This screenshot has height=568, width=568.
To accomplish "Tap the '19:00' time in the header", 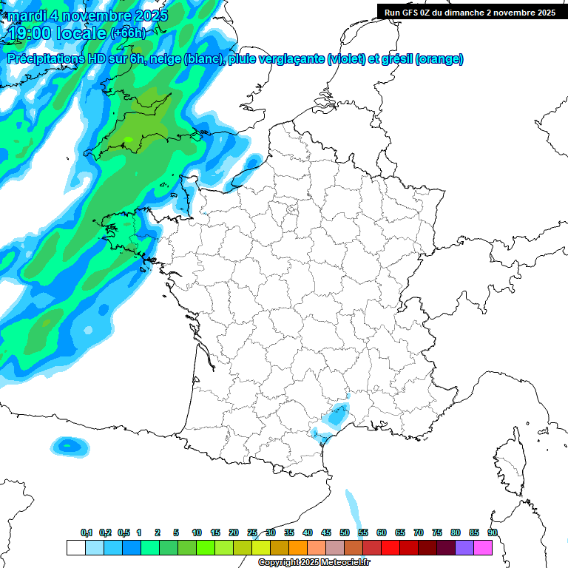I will click(35, 33).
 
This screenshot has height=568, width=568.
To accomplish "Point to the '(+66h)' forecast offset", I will click(127, 33).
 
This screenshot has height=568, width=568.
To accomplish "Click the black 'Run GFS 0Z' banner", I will click(470, 12).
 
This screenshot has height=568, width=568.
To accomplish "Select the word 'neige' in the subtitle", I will click(164, 59).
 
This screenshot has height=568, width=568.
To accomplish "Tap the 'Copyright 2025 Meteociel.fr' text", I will click(314, 563).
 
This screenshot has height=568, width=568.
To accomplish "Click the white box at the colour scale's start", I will click(75, 547).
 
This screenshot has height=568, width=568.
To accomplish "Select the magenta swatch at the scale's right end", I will click(482, 547).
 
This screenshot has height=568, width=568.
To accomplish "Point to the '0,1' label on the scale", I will click(87, 532).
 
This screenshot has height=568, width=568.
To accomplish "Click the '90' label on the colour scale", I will click(492, 532).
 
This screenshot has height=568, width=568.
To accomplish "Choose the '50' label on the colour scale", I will click(344, 532).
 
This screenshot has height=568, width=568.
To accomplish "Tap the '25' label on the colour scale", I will click(252, 532).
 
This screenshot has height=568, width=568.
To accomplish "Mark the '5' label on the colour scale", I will click(176, 532).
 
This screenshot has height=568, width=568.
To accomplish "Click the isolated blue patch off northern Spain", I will click(69, 445).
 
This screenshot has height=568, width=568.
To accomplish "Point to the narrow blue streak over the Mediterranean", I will click(351, 507).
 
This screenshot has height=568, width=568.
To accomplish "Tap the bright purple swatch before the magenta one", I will click(464, 547).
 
